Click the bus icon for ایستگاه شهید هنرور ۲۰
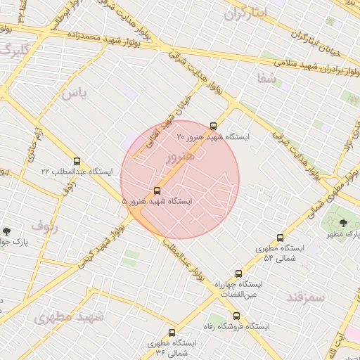point(213,126)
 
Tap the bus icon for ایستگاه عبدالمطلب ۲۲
point(77,161)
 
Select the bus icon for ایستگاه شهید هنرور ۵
point(157,190)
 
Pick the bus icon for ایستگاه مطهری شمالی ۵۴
point(280,238)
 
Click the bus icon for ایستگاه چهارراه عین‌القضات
point(238,274)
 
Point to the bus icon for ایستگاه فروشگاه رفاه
point(236,316)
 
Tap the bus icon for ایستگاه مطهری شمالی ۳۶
point(172,333)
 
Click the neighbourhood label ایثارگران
point(245,13)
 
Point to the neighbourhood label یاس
point(74,94)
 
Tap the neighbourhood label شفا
point(267,78)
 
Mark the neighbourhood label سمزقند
point(306,297)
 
